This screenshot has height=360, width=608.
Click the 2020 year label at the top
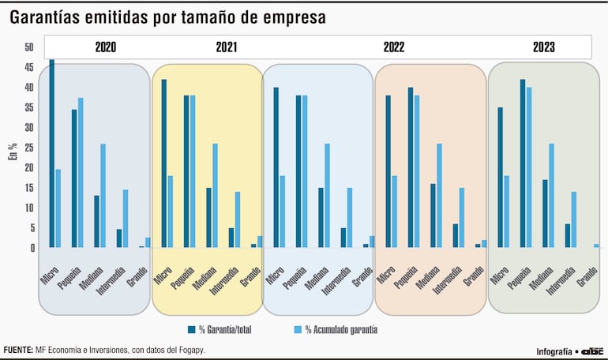[x=105, y=47]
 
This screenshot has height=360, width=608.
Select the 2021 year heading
[x=226, y=47]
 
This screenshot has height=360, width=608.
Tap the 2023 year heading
[x=543, y=47]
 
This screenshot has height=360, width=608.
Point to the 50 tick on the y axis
[x=29, y=47]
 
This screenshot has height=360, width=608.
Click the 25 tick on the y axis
[x=29, y=148]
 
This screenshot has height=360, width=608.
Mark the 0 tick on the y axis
[x=32, y=248]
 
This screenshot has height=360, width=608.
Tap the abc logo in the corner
[x=592, y=351]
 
